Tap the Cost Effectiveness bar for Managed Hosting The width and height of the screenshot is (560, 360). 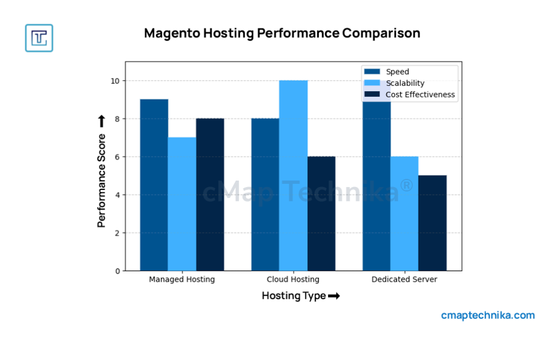tap(210, 195)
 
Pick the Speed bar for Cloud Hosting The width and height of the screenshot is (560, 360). tap(265, 195)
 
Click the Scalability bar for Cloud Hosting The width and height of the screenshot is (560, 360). tap(293, 176)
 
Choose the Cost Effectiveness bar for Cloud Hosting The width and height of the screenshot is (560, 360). tap(321, 213)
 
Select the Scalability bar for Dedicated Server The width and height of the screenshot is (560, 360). tap(405, 213)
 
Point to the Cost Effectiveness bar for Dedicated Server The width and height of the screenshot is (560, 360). tap(433, 223)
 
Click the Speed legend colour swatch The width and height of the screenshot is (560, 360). tap(372, 72)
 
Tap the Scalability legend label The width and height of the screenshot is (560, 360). tap(405, 83)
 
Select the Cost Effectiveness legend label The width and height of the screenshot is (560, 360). tap(420, 94)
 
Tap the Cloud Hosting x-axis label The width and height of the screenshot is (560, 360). tap(293, 280)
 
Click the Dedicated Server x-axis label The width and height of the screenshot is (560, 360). tap(405, 280)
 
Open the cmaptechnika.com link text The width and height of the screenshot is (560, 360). tap(488, 315)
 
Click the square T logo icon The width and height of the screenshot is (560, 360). tap(39, 38)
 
